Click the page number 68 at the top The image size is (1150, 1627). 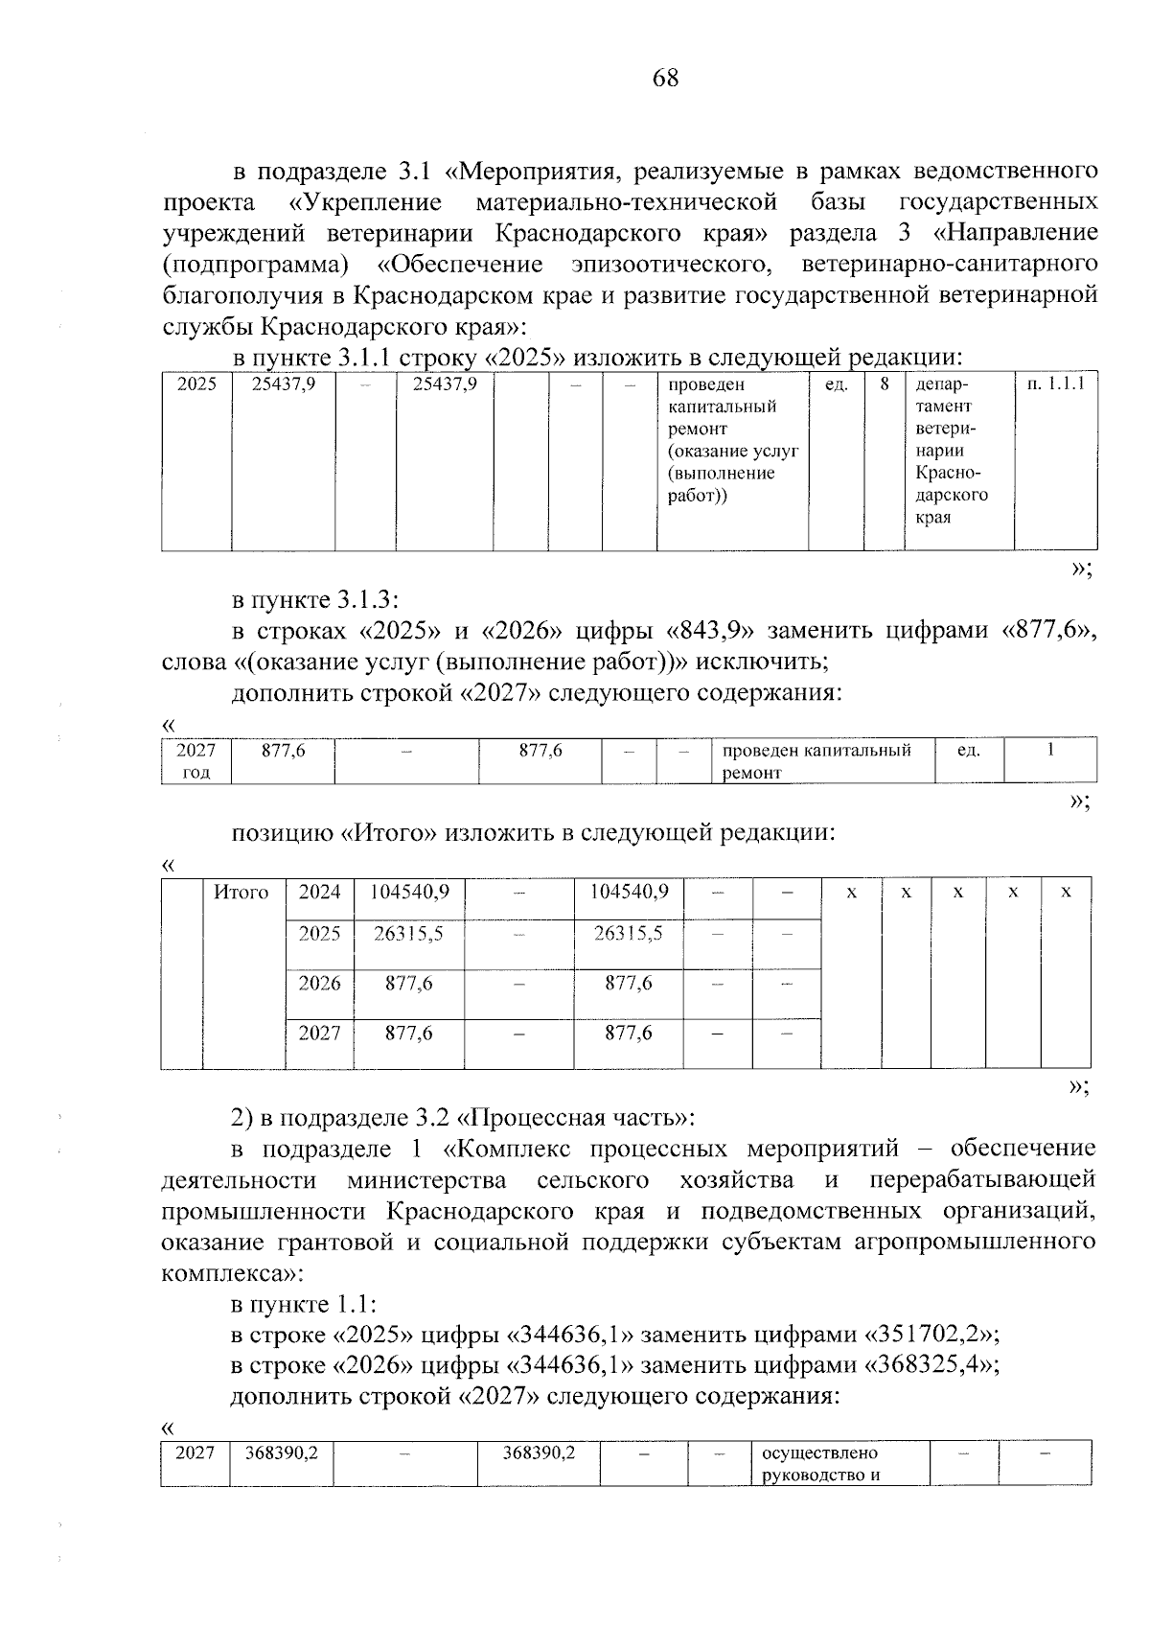(665, 79)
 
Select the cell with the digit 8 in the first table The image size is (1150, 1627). (885, 384)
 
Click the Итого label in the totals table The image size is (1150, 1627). (241, 893)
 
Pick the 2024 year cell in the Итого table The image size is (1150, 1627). (319, 893)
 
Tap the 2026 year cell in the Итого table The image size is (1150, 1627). (319, 984)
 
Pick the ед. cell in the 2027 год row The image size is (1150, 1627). (968, 751)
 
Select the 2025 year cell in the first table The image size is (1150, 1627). (196, 384)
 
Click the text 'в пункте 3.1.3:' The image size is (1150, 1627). (314, 600)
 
